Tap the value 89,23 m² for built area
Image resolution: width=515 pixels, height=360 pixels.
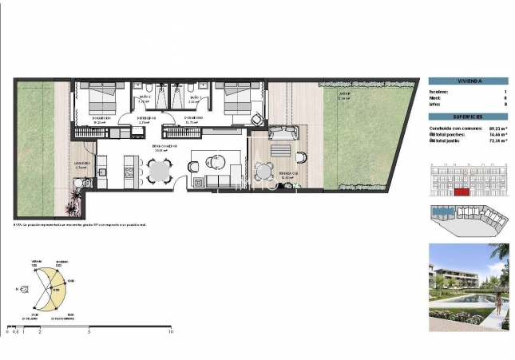pos(494,128)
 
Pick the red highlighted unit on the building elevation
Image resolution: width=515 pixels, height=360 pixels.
pos(460,192)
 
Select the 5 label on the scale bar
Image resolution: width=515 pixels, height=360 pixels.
pos(89,331)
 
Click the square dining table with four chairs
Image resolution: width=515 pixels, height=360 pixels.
pos(160,170)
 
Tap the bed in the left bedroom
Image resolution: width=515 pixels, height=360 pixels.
pos(100,99)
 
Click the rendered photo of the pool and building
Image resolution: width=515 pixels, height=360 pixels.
pos(466,287)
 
